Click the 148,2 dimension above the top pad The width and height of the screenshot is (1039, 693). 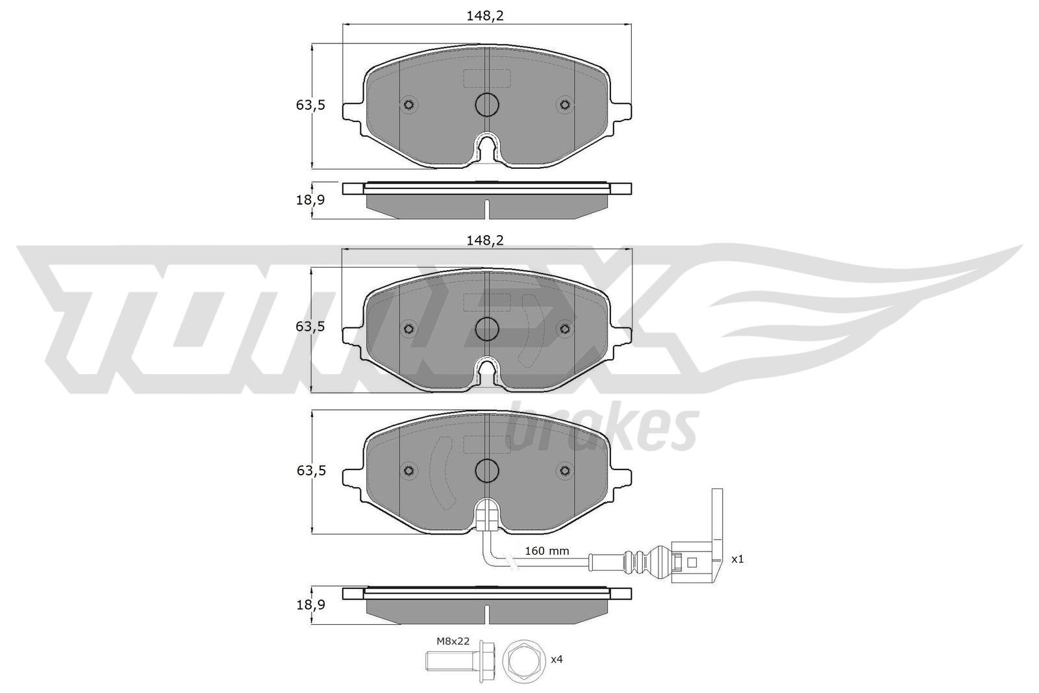[484, 16]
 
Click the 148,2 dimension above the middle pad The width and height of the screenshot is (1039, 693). [484, 240]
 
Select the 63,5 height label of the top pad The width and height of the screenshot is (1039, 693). [310, 105]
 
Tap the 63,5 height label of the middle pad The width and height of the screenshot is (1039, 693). [310, 327]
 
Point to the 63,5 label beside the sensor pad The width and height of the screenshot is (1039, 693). [311, 471]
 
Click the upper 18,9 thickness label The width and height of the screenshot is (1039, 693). [310, 201]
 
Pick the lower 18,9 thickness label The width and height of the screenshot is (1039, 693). [310, 605]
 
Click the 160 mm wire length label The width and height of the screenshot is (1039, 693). [547, 551]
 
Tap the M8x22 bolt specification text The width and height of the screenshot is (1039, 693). [453, 642]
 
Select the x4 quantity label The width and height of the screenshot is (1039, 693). [557, 659]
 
